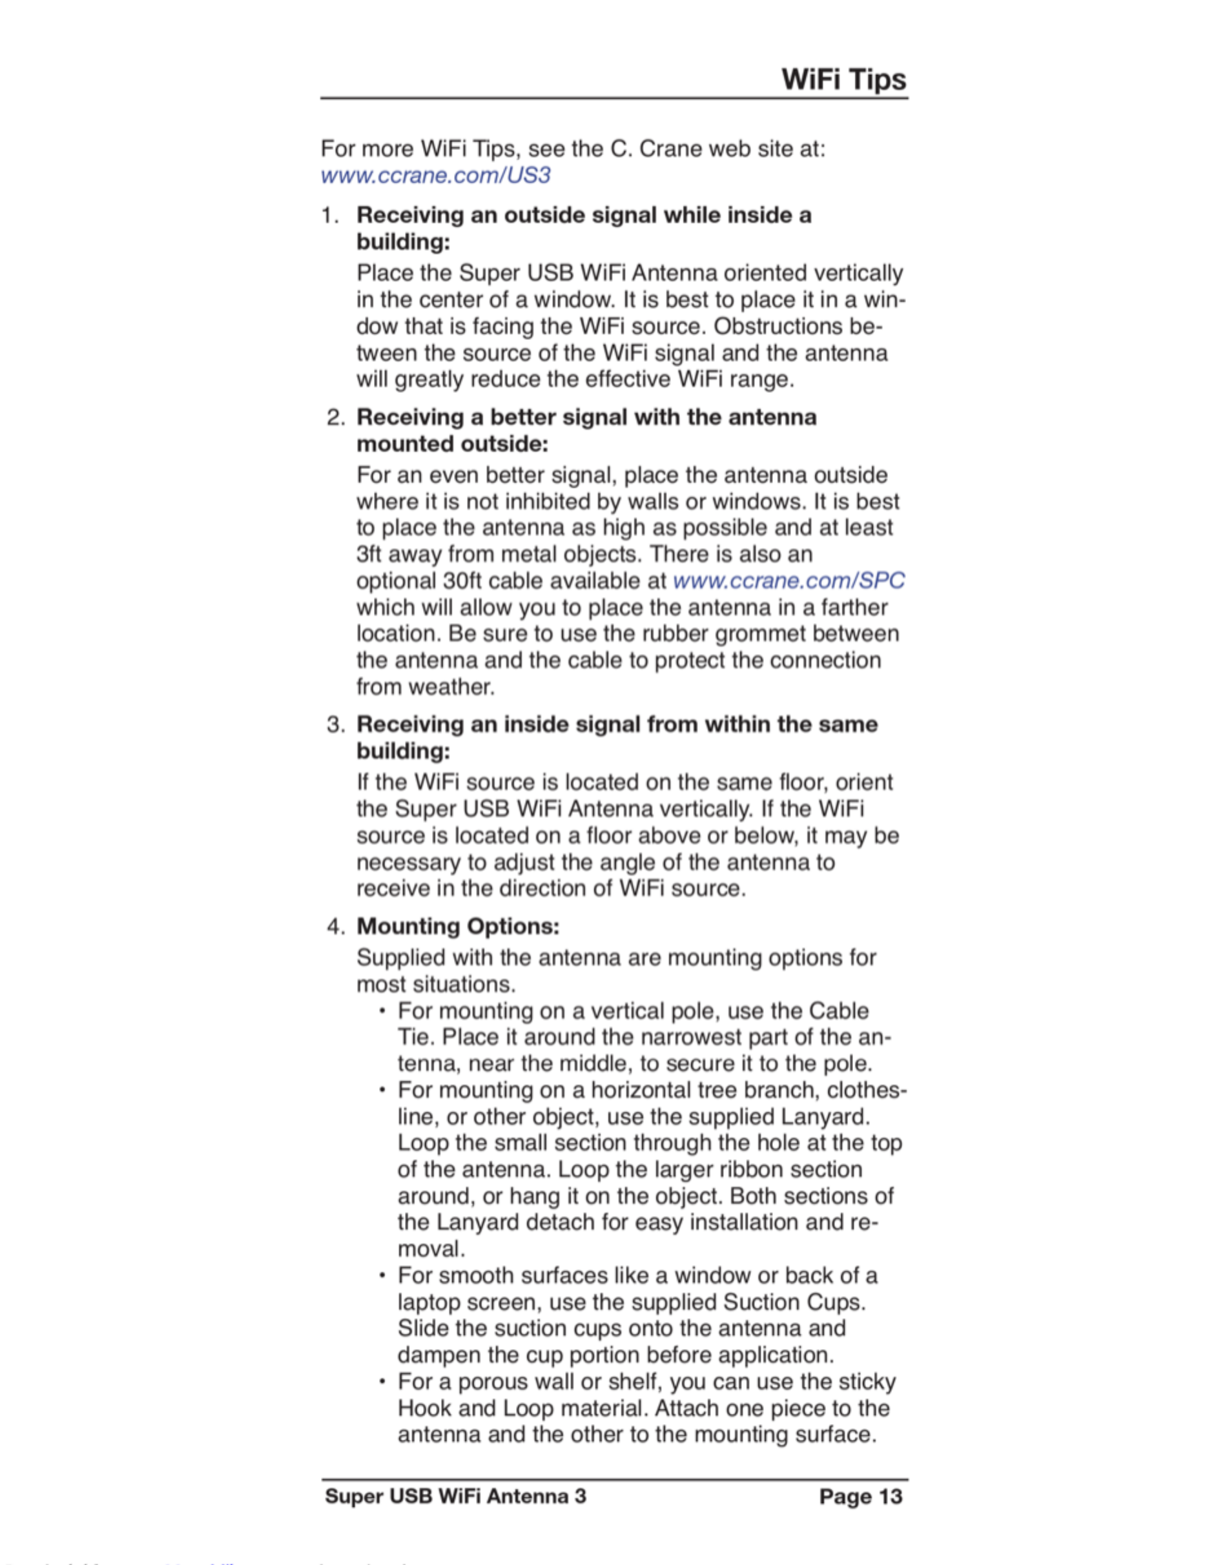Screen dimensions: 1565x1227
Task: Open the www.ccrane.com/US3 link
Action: [435, 175]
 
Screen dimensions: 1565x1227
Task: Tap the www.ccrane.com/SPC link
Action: [788, 580]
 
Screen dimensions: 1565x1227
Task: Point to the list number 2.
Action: [335, 417]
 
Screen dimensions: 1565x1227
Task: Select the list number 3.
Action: [335, 724]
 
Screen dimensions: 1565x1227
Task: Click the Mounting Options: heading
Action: [458, 926]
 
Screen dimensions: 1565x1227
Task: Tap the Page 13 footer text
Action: [860, 1497]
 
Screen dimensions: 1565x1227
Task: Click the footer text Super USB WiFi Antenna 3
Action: [455, 1497]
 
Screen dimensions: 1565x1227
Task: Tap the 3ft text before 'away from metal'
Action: [369, 555]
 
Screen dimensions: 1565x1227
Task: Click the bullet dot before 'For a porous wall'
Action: [383, 1382]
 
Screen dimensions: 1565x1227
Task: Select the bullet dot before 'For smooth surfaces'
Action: [383, 1276]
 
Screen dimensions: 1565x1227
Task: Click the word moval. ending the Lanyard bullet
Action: [431, 1250]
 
